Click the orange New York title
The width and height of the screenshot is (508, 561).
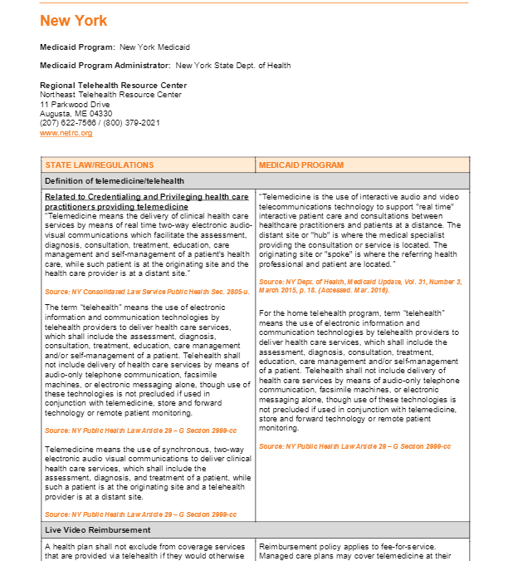pos(73,21)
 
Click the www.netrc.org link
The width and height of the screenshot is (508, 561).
pos(66,133)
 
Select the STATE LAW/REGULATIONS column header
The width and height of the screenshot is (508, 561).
pos(100,165)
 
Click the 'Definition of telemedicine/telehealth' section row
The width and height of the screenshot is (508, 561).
pos(115,180)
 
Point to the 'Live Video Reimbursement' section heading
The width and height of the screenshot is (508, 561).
pos(97,529)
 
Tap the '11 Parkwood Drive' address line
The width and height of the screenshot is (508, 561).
pos(75,105)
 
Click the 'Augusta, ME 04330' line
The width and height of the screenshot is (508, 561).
pos(76,114)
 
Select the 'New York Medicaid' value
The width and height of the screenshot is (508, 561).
pos(154,47)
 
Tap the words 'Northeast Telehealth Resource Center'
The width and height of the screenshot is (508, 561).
pos(110,95)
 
